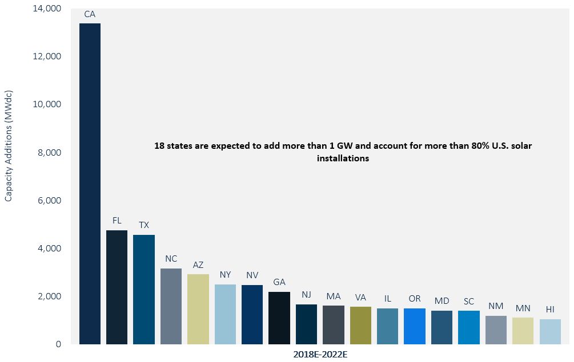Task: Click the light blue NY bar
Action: (225, 314)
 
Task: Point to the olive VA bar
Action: (360, 326)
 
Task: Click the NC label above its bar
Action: (171, 258)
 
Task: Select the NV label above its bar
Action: (252, 275)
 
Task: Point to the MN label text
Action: (523, 308)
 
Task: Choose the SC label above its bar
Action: (468, 300)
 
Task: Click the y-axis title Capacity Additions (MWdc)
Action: (9, 146)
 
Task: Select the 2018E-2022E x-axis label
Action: (320, 355)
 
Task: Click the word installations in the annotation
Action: (343, 159)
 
